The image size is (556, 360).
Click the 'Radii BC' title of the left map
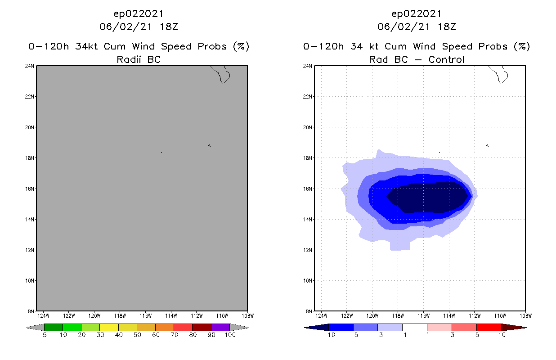pyautogui.click(x=139, y=59)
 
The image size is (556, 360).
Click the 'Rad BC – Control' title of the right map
pyautogui.click(x=417, y=59)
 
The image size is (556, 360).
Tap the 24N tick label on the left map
pyautogui.click(x=30, y=66)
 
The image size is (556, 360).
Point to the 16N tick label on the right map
pyautogui.click(x=308, y=189)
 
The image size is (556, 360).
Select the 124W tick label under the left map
pyautogui.click(x=43, y=315)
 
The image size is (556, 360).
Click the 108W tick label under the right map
pyautogui.click(x=525, y=315)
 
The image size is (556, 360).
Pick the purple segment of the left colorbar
pyautogui.click(x=220, y=327)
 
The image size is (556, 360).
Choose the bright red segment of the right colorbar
pyautogui.click(x=489, y=327)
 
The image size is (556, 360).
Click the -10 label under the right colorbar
pyautogui.click(x=327, y=335)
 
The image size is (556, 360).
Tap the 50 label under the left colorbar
pyautogui.click(x=137, y=335)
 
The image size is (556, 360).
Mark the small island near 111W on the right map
pyautogui.click(x=488, y=146)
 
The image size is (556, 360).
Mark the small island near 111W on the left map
pyautogui.click(x=210, y=146)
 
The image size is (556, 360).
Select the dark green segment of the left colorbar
pyautogui.click(x=54, y=327)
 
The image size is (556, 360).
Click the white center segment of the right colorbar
pyautogui.click(x=414, y=327)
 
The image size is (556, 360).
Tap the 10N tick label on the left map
pyautogui.click(x=30, y=280)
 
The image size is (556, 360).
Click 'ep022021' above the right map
pyautogui.click(x=417, y=13)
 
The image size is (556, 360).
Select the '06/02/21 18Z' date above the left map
pyautogui.click(x=139, y=27)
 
